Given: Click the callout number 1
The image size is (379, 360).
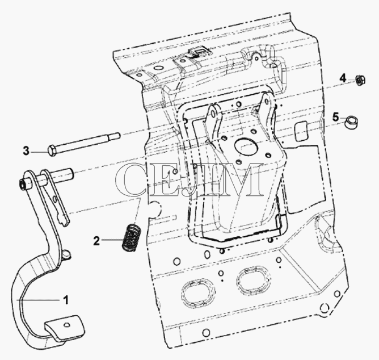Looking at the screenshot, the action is click(65, 300).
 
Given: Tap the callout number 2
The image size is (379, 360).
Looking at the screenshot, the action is click(96, 241).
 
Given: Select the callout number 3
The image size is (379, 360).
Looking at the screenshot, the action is click(26, 150).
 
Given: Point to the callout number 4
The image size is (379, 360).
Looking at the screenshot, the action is click(343, 78).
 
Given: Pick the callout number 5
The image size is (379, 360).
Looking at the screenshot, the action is click(335, 117).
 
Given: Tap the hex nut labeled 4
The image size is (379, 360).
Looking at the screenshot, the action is click(360, 80).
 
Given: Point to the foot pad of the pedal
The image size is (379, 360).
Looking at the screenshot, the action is click(65, 328).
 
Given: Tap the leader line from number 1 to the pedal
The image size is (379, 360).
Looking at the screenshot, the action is click(39, 300).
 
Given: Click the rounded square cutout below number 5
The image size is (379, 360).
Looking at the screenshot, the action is click(301, 131).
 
